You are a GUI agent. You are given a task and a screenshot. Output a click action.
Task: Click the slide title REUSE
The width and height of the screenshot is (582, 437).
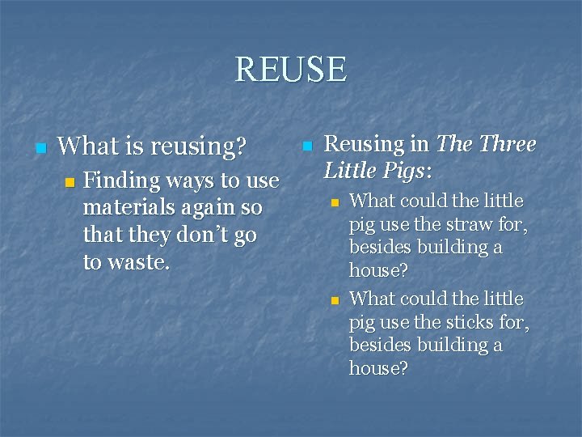(x=290, y=70)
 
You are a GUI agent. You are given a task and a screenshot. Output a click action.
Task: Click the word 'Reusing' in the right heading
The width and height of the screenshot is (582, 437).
(x=364, y=144)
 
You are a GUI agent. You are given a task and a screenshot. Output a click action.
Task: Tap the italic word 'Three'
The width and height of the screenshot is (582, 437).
(x=508, y=144)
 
